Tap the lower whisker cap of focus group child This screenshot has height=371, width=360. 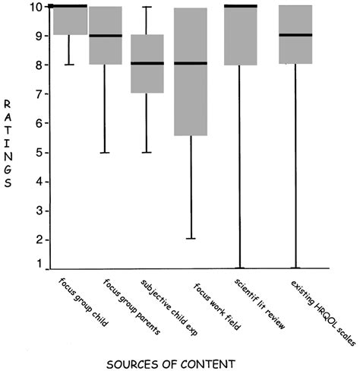click(x=68, y=65)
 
